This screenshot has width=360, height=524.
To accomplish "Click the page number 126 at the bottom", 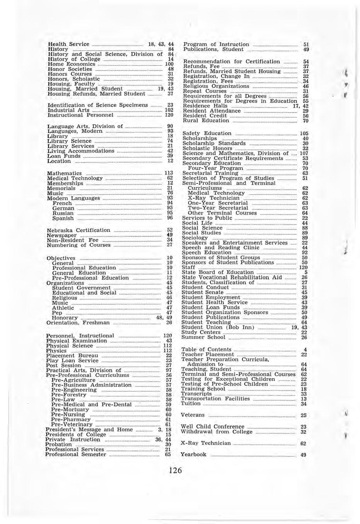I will [175, 470].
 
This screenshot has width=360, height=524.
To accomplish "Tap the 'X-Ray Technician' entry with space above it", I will [205, 443].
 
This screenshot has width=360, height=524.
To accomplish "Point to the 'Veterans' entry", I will [193, 415].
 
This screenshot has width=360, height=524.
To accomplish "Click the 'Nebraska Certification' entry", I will [78, 230].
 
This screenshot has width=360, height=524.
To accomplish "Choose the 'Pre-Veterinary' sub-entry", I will [72, 425].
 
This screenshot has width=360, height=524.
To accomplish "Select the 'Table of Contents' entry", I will [206, 349].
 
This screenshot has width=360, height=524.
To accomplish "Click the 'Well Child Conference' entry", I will [213, 427].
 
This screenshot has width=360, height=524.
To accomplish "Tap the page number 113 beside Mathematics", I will [168, 173].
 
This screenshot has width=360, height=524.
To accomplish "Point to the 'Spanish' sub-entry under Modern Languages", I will [63, 218].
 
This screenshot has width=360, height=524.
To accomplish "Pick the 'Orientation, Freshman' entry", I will [78, 323].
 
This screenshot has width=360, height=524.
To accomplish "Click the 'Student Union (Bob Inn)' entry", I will [218, 327].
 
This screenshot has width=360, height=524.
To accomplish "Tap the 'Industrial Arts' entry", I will [68, 110].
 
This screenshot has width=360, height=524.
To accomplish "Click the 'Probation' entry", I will [58, 445].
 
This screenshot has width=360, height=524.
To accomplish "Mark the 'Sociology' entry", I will [195, 238].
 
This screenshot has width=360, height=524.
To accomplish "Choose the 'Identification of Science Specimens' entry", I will [97, 105].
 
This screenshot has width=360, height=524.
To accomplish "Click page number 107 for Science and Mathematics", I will [304, 154].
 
